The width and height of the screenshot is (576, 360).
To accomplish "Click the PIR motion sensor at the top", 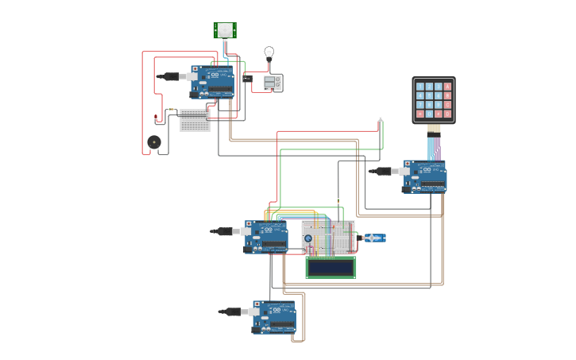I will [x=225, y=30].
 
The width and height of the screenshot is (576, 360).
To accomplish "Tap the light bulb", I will [x=269, y=53].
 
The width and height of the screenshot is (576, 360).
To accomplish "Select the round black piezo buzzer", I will [x=154, y=142].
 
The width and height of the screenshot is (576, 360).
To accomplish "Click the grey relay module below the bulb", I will [x=273, y=83].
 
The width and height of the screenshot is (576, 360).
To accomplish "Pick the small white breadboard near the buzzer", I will [x=195, y=120].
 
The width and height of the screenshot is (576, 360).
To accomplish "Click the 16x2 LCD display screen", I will [x=331, y=268].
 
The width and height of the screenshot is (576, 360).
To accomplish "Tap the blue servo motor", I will [x=373, y=238].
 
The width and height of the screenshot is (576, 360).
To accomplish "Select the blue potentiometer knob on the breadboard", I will [x=308, y=238].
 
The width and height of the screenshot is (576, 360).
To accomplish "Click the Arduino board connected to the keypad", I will [x=425, y=176].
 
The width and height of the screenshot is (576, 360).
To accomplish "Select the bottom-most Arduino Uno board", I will [x=275, y=316].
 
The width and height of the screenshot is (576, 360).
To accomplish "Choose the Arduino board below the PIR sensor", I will [x=213, y=82].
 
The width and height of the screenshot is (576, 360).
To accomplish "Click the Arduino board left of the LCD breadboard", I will [x=266, y=237].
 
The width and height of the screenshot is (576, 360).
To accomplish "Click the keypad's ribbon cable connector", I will [x=433, y=129].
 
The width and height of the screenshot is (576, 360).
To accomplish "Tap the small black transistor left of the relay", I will [x=246, y=79].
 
